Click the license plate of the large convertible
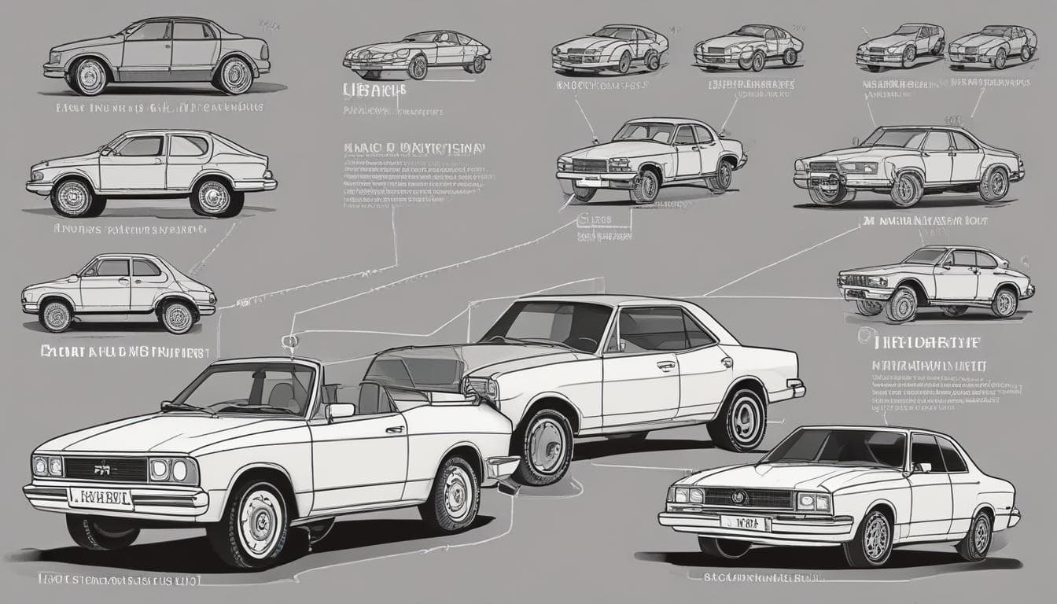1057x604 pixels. pos(101,497)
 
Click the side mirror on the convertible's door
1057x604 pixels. pos(340,411)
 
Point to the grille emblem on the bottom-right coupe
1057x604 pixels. pos(738,497)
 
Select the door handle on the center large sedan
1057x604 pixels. pos(666,366)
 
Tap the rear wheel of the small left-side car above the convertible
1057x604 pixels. pos(178,315)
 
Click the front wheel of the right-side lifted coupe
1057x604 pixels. pos(901,304)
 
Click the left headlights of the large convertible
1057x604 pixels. pos(48,466)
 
